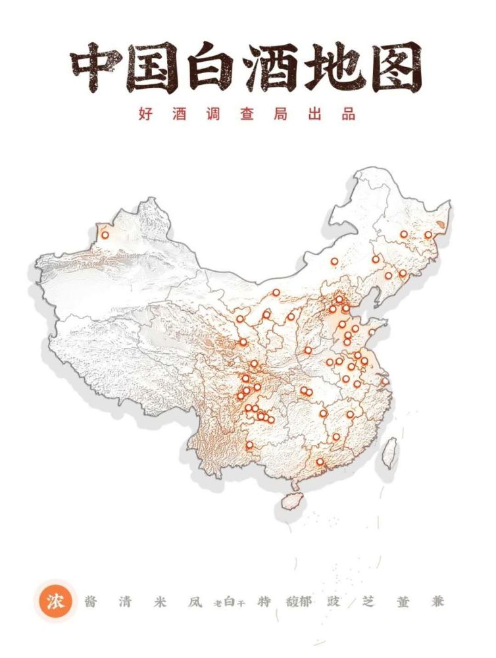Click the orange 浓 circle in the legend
[x=56, y=601]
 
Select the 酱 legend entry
[x=91, y=601]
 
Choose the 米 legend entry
[x=159, y=601]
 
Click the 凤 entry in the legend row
[x=193, y=601]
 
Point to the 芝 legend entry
[x=368, y=601]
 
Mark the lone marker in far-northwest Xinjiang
[x=105, y=235]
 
